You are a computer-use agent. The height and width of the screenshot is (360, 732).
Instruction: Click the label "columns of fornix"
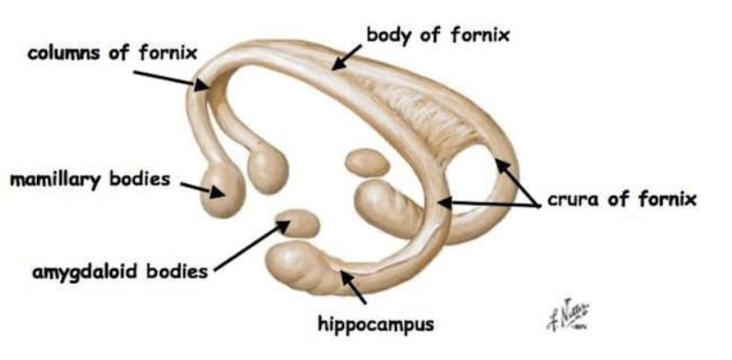[x=112, y=54]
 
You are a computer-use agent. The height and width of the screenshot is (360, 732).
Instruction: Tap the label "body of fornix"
[x=438, y=36]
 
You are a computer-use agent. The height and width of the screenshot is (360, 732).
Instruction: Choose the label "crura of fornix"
[x=622, y=200]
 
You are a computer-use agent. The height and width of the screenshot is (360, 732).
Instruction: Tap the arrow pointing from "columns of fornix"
[x=169, y=77]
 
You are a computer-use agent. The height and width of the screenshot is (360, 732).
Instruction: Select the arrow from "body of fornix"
[x=347, y=57]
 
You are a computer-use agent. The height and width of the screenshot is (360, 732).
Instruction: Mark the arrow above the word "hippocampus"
[x=353, y=287]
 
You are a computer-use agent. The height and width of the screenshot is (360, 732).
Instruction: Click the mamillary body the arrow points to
[x=221, y=189]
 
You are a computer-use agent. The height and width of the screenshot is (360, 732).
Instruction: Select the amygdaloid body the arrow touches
[x=300, y=223]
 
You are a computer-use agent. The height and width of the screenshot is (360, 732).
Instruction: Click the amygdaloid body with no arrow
[x=366, y=161]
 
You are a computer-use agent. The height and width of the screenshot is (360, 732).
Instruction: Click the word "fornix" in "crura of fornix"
[x=667, y=200]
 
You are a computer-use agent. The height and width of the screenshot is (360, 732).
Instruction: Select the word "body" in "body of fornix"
[x=385, y=36]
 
